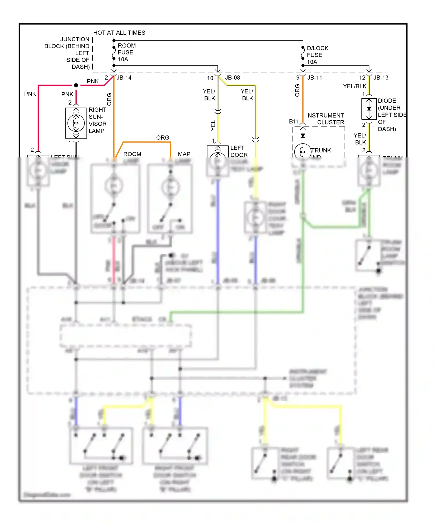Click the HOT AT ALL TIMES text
pyautogui.click(x=119, y=33)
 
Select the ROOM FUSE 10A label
pyautogui.click(x=126, y=52)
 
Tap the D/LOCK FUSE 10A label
pyautogui.click(x=317, y=55)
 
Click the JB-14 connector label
pyautogui.click(x=124, y=78)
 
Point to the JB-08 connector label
pyautogui.click(x=232, y=78)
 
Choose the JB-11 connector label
pyautogui.click(x=315, y=78)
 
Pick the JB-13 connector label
pyautogui.click(x=381, y=78)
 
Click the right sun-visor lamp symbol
pyautogui.click(x=76, y=123)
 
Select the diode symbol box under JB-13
pyautogui.click(x=369, y=109)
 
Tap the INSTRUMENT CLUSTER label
pyautogui.click(x=325, y=119)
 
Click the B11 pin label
pyautogui.click(x=294, y=122)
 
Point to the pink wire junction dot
pyautogui.click(x=76, y=85)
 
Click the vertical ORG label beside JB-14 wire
pyautogui.click(x=109, y=99)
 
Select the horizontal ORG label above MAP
pyautogui.click(x=163, y=137)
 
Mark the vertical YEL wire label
pyautogui.click(x=213, y=125)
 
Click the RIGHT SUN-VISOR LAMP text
pyautogui.click(x=97, y=120)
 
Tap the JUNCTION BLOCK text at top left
pyautogui.click(x=67, y=53)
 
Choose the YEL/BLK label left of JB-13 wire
pyautogui.click(x=354, y=86)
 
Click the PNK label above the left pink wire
pyautogui.click(x=30, y=94)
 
